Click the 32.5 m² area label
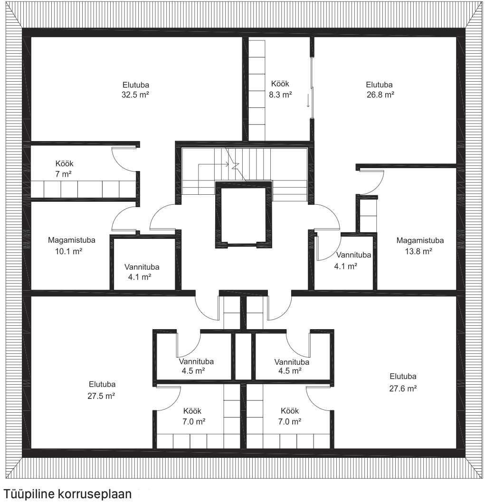coord(135,95)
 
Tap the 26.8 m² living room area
coord(380,95)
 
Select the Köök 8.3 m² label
coord(280,89)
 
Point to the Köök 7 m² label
coord(64,169)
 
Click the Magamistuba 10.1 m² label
coord(72,246)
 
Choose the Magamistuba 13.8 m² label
coord(420,246)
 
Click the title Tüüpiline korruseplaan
coord(67,494)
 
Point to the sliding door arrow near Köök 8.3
coord(308,100)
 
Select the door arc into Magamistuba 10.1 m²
coord(124,218)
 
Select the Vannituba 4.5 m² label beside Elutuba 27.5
coord(196,366)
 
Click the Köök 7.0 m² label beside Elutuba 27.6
coord(290,416)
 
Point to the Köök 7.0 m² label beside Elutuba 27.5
coord(193,416)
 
